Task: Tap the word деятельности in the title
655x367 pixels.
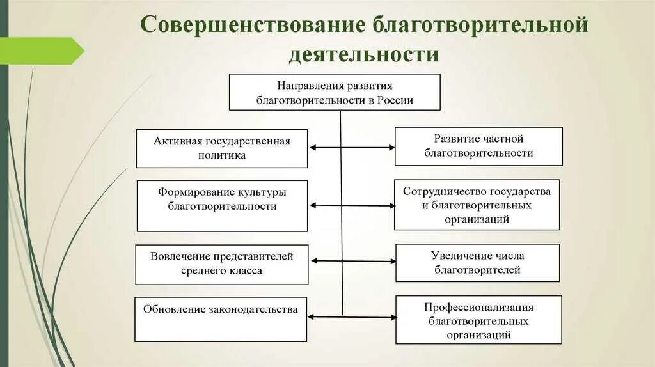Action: tap(363, 54)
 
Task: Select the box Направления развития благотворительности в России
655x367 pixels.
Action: tap(335, 92)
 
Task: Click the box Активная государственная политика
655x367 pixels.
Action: tap(221, 148)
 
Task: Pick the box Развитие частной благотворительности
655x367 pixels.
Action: tap(478, 146)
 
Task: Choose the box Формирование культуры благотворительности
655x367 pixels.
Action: tap(222, 205)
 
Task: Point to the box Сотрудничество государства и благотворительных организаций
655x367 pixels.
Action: tap(477, 205)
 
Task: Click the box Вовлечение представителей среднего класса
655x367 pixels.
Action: tap(221, 264)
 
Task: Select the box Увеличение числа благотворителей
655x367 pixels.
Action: tap(477, 263)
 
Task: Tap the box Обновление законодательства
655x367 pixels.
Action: tap(220, 319)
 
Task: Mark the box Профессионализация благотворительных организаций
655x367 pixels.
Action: tap(478, 320)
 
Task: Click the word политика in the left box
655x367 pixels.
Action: tap(222, 155)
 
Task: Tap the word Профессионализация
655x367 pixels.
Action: tap(478, 308)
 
